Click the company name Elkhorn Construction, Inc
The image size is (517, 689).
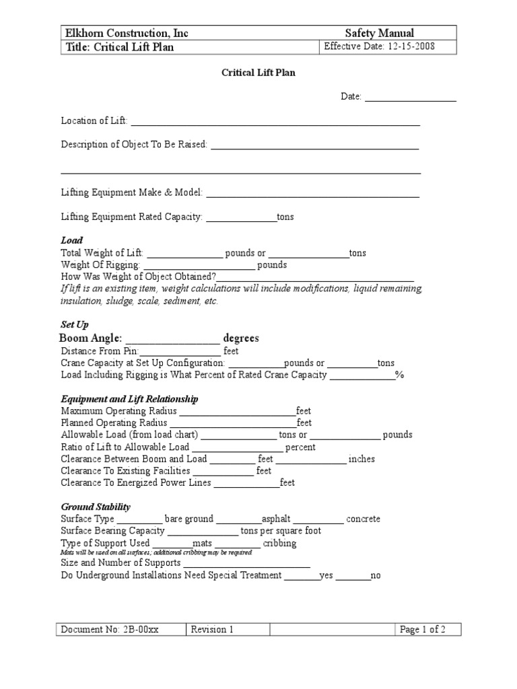coord(126,33)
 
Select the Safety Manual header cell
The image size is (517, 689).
coord(379,33)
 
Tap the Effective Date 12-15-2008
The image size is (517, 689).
coord(380,47)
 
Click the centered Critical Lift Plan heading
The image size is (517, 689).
coord(258,73)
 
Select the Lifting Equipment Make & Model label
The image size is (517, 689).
coord(132,192)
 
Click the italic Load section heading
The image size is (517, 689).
coord(72,240)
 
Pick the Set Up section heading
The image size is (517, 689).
coord(75,324)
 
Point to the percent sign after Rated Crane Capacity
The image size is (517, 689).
coord(399,375)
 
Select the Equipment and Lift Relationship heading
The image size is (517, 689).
coord(130,399)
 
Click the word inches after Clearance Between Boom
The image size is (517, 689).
coord(361,459)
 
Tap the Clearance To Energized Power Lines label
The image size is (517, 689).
coord(136,482)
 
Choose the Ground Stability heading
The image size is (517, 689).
coord(96,507)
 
